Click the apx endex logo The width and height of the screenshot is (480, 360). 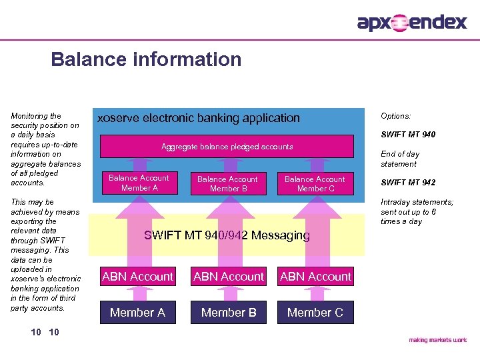point(412,23)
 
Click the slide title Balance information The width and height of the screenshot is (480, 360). point(146,59)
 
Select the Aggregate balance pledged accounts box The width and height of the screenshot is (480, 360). point(227,147)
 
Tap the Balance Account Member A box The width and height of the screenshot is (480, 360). point(139,183)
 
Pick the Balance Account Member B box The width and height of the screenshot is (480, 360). point(227,184)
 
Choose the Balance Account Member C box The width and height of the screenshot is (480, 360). point(315,184)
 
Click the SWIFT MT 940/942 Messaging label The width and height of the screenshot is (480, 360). point(227,235)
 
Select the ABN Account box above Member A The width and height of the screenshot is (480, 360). point(137,277)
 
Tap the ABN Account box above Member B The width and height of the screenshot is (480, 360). point(229,277)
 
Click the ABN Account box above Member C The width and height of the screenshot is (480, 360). point(315,277)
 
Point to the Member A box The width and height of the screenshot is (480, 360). point(137,312)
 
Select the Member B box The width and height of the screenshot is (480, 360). point(229,312)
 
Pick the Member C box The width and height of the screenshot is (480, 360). point(315,312)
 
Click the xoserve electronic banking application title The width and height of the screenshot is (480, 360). point(199,118)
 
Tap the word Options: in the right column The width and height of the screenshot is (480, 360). point(395,116)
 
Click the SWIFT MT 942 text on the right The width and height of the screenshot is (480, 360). point(407,183)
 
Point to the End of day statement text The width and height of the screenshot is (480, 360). point(399,159)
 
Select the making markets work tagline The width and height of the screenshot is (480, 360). point(437,340)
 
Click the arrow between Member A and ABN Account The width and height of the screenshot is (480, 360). point(137,294)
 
